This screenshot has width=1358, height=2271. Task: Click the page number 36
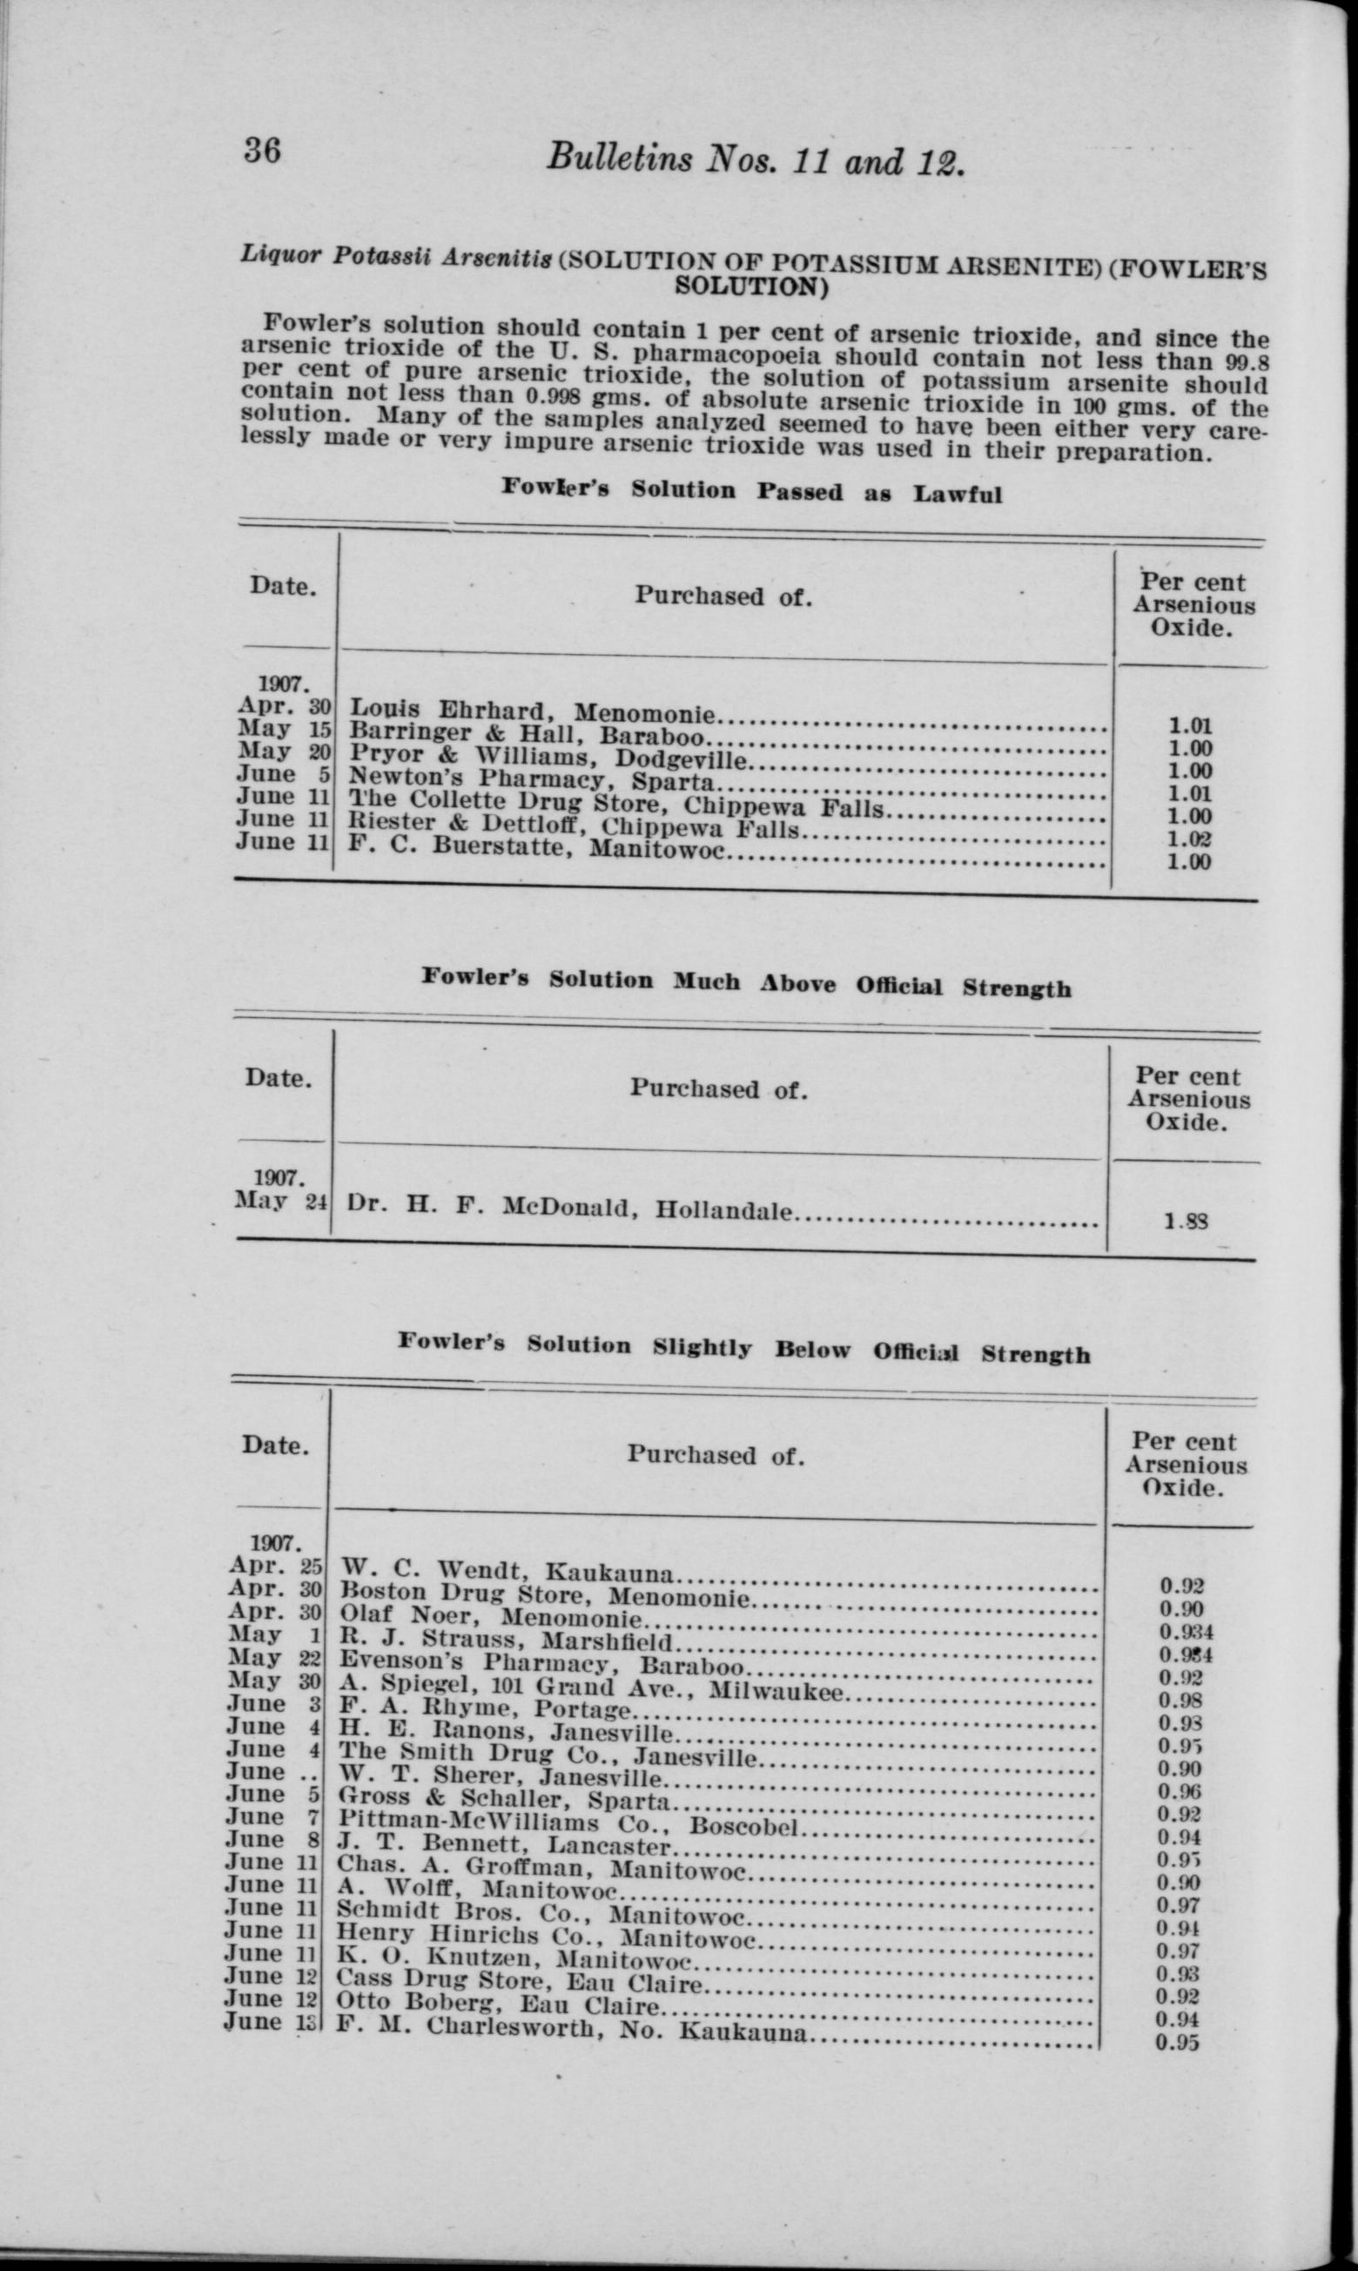[x=262, y=148]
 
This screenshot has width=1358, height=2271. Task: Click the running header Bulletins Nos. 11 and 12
[x=756, y=162]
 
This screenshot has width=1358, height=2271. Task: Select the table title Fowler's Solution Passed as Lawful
[x=750, y=489]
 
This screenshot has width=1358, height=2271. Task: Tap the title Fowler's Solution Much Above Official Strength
[x=746, y=984]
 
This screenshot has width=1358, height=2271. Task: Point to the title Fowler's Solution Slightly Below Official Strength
[x=743, y=1349]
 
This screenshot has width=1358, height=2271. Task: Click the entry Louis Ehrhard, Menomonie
[x=534, y=711]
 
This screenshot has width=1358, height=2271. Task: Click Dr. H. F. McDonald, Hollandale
[x=570, y=1209]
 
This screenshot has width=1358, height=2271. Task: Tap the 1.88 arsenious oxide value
[x=1185, y=1219]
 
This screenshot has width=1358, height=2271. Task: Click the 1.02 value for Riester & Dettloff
[x=1190, y=839]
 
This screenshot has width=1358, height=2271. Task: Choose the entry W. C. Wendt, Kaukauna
[x=507, y=1573]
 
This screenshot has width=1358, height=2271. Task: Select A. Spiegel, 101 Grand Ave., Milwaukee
[x=589, y=1687]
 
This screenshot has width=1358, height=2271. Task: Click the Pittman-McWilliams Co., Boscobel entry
[x=569, y=1824]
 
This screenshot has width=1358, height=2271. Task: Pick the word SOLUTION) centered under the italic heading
[x=751, y=287]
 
